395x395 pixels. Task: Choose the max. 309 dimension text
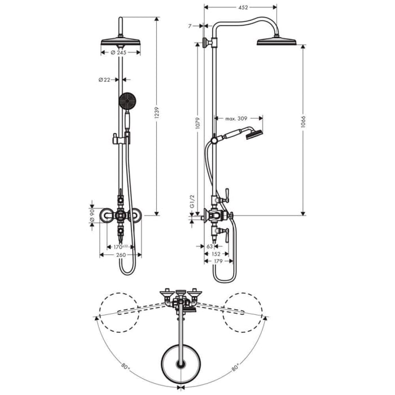point(236,118)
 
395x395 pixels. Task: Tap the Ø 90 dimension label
point(92,215)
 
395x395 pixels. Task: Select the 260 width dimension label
point(120,255)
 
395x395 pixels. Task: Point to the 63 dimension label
point(209,247)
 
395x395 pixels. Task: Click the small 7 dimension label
point(191,25)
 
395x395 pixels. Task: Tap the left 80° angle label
point(125,365)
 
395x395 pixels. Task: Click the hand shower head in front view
point(127,101)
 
